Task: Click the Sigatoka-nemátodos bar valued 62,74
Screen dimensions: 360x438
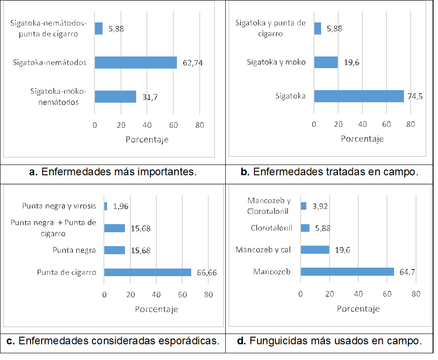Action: (136, 62)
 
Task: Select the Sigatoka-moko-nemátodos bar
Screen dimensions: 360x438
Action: (115, 96)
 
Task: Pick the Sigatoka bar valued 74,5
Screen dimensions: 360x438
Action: (359, 96)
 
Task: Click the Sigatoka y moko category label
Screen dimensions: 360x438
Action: (276, 62)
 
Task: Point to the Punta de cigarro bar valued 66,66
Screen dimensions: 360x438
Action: (147, 272)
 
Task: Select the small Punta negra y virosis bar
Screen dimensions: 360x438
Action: (106, 206)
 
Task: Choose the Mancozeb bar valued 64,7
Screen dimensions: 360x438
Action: (347, 272)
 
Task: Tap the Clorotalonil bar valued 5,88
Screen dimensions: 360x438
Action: (305, 228)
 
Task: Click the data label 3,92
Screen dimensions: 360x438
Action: (320, 206)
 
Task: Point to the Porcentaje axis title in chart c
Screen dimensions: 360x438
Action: (156, 309)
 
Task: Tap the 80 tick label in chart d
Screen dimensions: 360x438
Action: (416, 294)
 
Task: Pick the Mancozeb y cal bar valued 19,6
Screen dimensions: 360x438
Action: (315, 250)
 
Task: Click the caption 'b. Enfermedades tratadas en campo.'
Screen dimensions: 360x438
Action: (329, 172)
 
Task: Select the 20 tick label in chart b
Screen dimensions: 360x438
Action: (338, 124)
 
